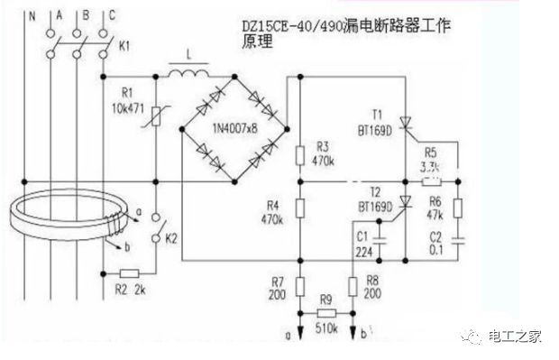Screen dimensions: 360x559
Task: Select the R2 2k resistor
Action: click(x=130, y=272)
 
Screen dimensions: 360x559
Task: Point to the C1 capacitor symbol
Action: click(x=381, y=240)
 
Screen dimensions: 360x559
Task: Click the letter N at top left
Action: click(x=33, y=15)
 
